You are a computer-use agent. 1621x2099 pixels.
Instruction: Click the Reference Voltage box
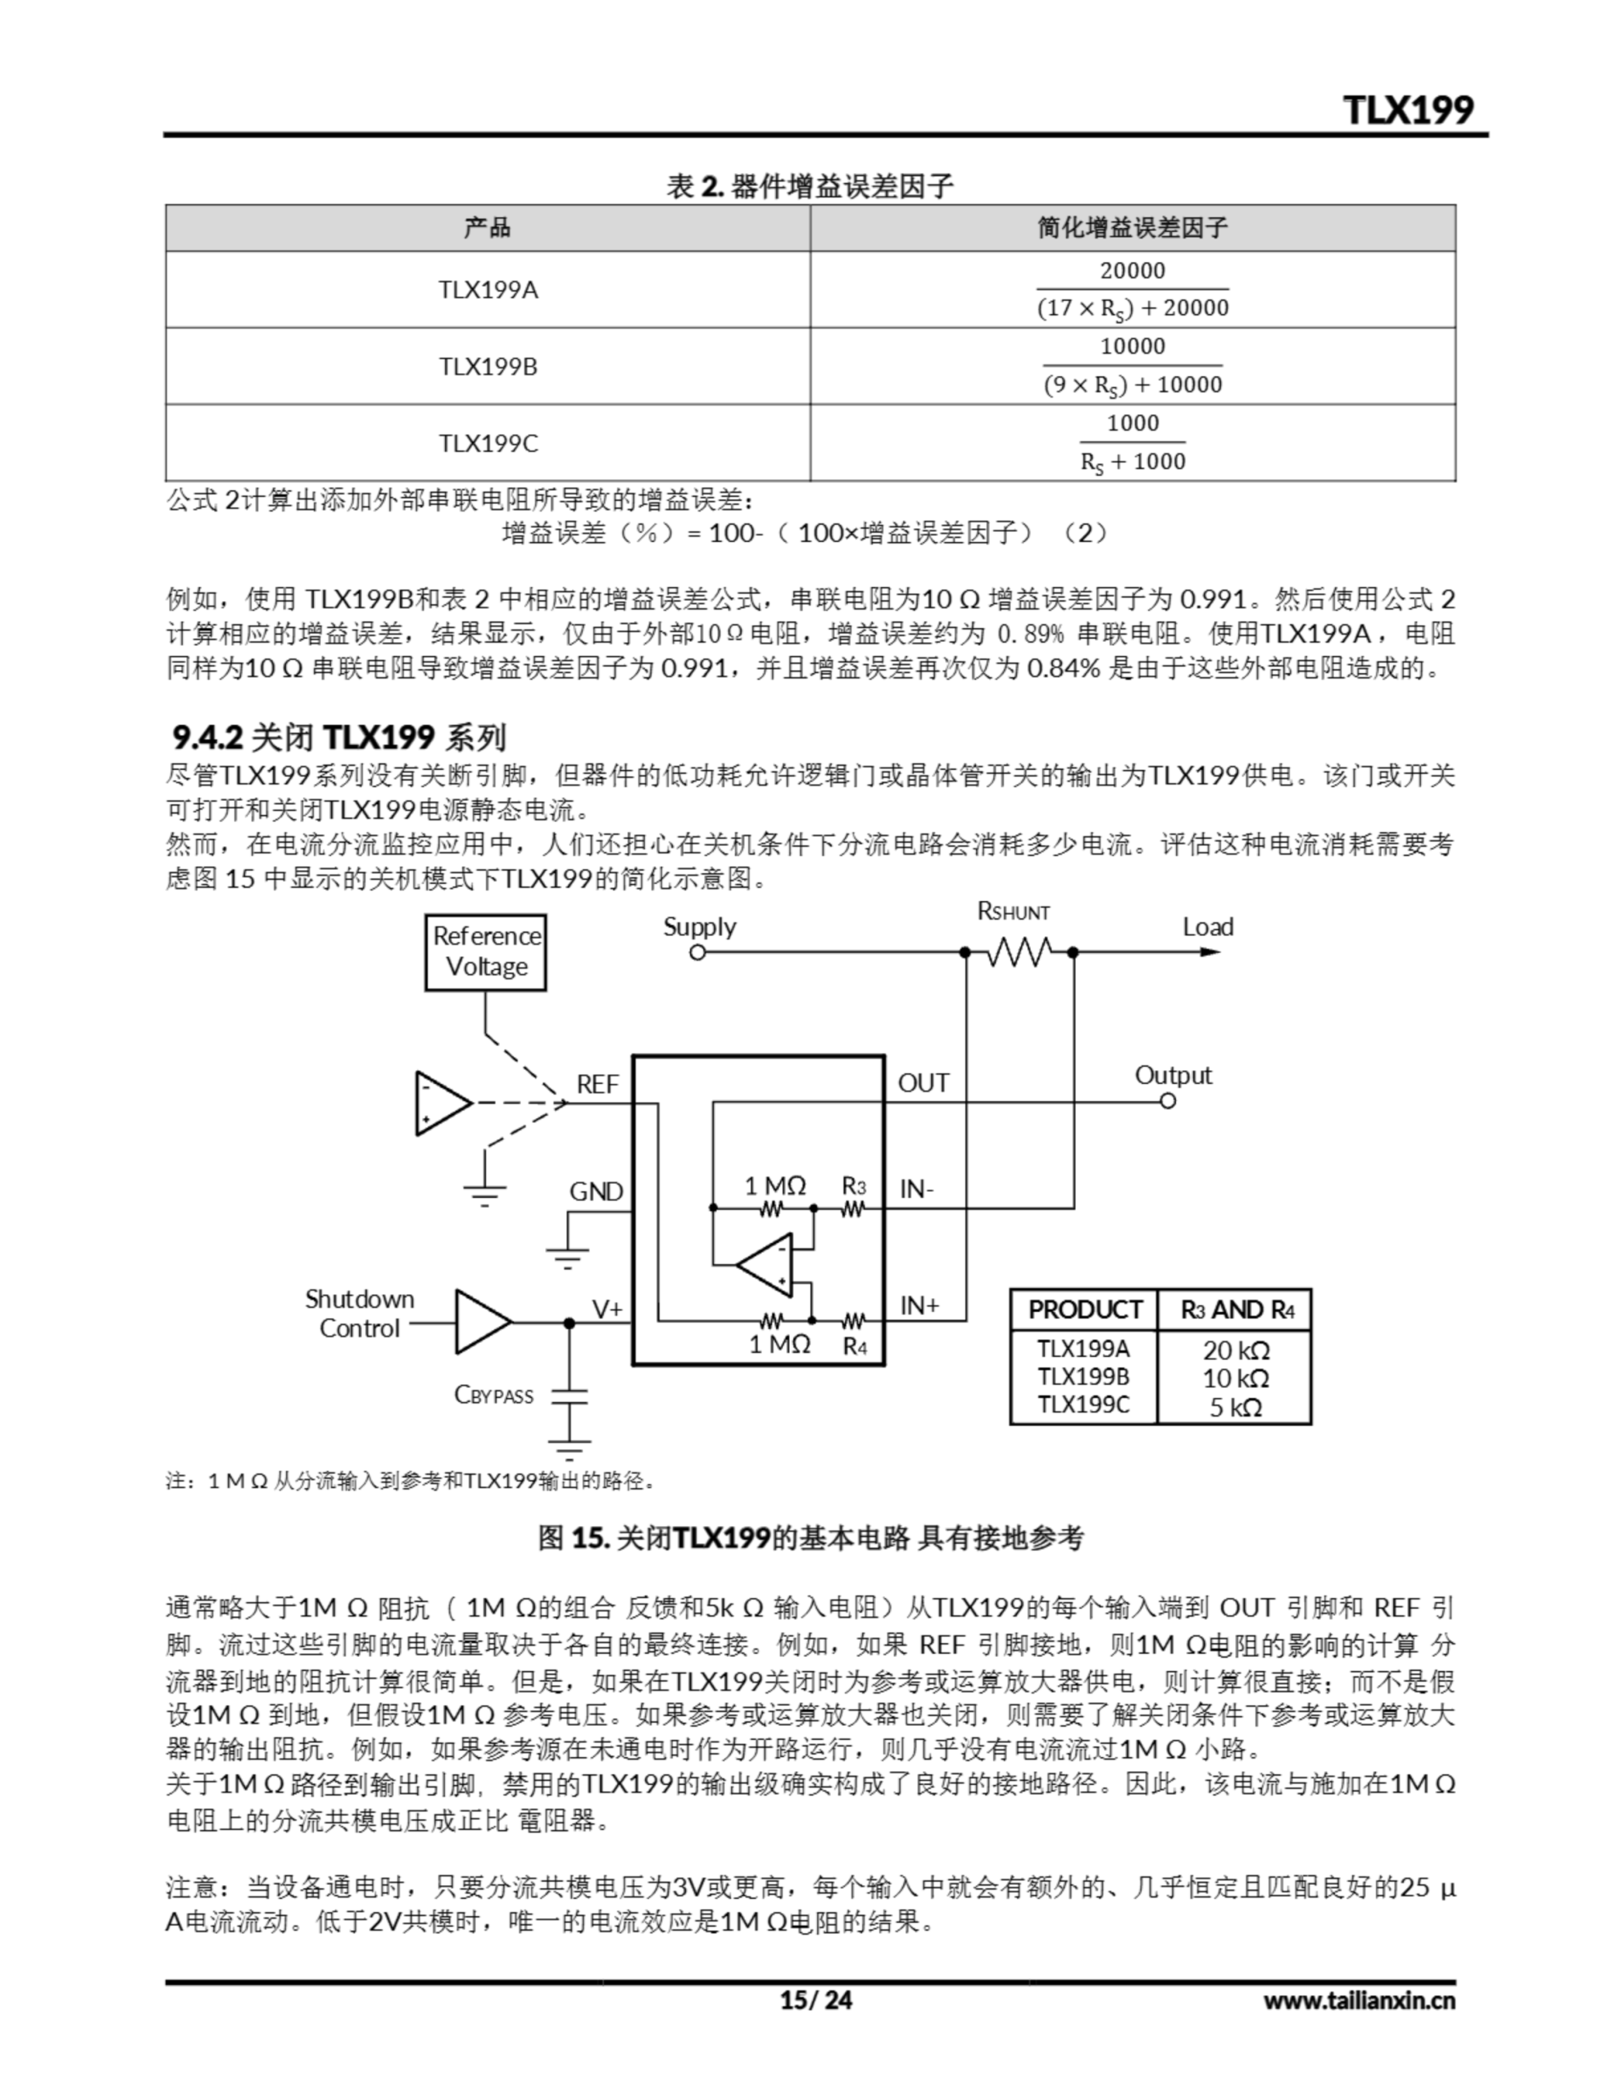pyautogui.click(x=485, y=951)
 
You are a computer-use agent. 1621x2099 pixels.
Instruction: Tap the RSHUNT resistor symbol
pyautogui.click(x=1019, y=953)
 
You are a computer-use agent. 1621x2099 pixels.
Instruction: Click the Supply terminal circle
pyautogui.click(x=697, y=953)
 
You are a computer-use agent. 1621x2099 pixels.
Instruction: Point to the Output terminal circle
pyautogui.click(x=1168, y=1100)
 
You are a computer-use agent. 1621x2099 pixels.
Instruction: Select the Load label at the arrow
pyautogui.click(x=1207, y=927)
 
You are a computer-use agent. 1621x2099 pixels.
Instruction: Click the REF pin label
pyautogui.click(x=597, y=1084)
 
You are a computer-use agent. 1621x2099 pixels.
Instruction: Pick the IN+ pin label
pyautogui.click(x=919, y=1305)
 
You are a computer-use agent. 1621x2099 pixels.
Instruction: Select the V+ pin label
pyautogui.click(x=607, y=1309)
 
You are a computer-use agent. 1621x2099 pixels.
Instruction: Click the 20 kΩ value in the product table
pyautogui.click(x=1236, y=1350)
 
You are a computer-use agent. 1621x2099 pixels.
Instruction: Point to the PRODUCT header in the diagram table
pyautogui.click(x=1084, y=1310)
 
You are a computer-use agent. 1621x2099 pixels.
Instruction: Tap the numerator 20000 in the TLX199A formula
pyautogui.click(x=1132, y=271)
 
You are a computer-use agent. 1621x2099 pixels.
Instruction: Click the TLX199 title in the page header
pyautogui.click(x=1408, y=110)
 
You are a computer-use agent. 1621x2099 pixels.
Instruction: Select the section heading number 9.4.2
pyautogui.click(x=207, y=737)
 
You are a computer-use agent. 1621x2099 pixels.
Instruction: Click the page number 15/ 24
pyautogui.click(x=815, y=2001)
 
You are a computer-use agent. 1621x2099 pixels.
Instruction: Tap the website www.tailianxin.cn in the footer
pyautogui.click(x=1359, y=2001)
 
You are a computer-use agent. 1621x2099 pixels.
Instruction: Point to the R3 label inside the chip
pyautogui.click(x=853, y=1186)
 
